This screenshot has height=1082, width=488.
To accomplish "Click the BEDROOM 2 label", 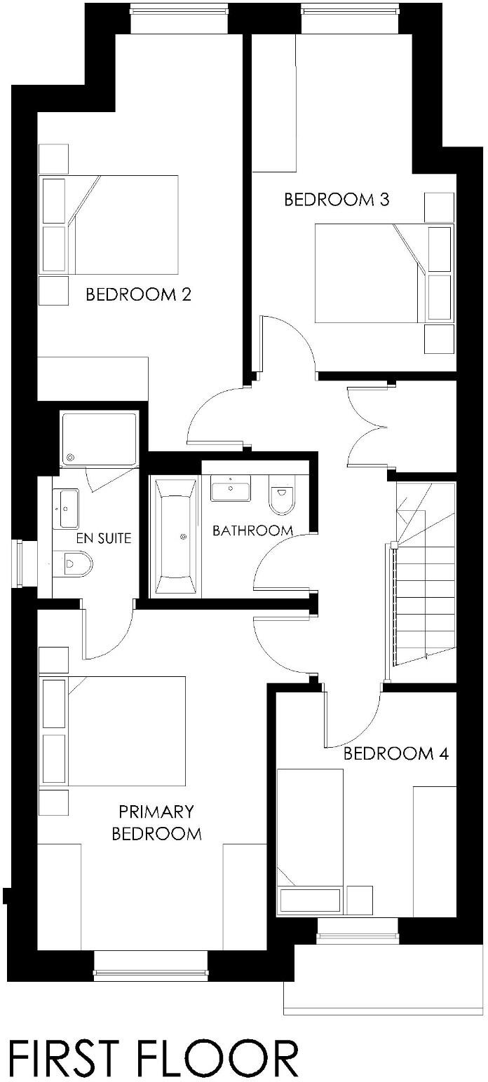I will click(138, 294).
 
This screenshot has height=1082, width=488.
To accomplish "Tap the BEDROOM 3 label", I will click(337, 200).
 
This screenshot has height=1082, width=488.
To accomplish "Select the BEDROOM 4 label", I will click(395, 754).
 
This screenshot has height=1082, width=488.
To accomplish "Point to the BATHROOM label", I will click(252, 530).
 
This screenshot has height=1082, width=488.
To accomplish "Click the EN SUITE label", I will click(104, 539).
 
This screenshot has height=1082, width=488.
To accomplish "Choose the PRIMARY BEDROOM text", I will click(156, 823).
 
